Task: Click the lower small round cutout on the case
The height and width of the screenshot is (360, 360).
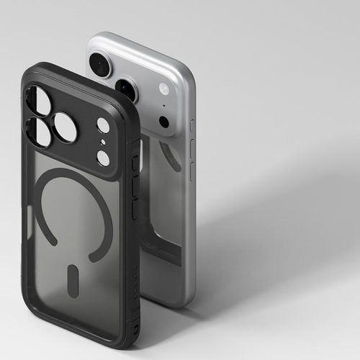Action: click(103, 158)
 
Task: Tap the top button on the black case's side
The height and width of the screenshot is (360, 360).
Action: click(134, 164)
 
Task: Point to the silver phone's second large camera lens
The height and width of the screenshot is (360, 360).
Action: click(127, 89)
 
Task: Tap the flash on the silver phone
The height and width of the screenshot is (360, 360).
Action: click(164, 89)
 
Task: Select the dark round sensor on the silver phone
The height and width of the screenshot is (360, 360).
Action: click(164, 122)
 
